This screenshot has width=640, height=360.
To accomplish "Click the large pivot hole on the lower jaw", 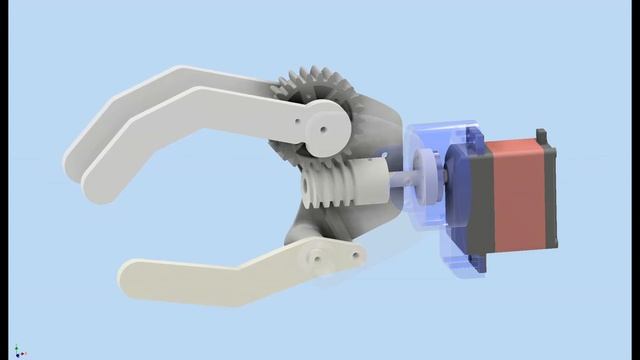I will [316, 257].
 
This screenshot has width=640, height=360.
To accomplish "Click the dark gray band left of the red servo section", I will [470, 200].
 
